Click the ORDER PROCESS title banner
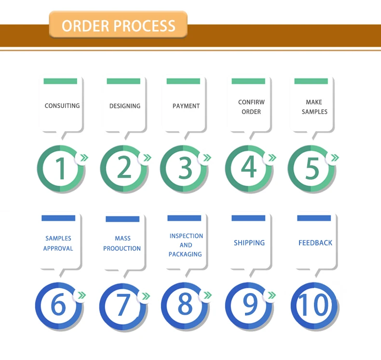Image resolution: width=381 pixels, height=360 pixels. coord(118,25)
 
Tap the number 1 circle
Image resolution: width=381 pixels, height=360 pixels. coord(60,168)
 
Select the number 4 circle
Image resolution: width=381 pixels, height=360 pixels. coord(248,168)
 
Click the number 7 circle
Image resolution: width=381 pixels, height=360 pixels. coord(123,306)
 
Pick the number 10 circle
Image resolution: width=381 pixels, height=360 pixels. coord(314,306)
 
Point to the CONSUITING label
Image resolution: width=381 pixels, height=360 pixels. coord(62,106)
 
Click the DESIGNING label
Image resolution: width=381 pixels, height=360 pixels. coord(125,106)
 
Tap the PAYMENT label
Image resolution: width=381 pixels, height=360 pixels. coord(186,106)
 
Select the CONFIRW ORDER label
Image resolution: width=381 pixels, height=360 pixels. coord(251,107)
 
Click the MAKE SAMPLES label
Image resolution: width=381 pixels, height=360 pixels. coord(314,107)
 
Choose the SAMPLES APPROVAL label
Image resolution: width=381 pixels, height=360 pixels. coord(58,243)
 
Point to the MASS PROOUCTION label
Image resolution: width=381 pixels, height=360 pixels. coord(122,243)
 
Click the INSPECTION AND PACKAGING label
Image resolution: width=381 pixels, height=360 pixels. coord(186,245)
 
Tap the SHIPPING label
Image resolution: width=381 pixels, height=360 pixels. coord(249,243)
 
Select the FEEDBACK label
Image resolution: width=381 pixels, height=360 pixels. coord(315,243)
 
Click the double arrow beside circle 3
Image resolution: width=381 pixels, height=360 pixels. coord(207,158)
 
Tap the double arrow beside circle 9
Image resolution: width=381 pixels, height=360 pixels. coord(272,295)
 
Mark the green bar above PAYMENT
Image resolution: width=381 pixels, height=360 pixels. coord(183,81)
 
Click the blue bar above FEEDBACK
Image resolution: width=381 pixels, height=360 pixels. coord(314,218)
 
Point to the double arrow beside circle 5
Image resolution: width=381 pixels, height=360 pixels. coord(334,158)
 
